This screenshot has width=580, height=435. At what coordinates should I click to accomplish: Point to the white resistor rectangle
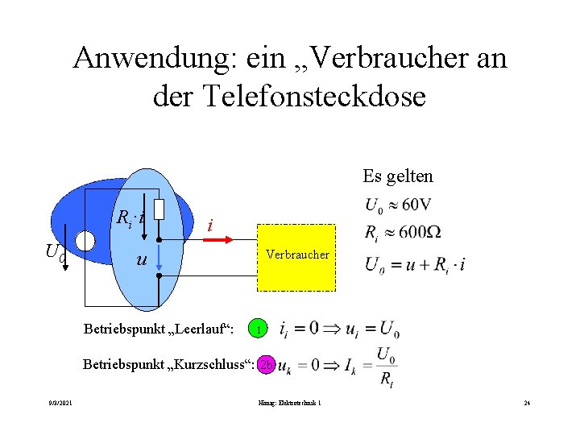(159, 209)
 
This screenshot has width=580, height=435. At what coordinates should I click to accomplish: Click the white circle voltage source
(85, 241)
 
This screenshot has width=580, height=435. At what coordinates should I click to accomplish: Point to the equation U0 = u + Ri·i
(415, 264)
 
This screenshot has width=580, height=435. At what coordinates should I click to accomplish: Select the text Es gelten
(398, 176)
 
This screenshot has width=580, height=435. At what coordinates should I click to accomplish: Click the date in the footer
(59, 403)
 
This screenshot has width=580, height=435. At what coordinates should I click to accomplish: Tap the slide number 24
(526, 403)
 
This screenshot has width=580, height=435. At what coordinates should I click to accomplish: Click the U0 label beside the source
(55, 251)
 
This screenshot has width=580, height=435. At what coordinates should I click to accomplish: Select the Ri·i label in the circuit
(130, 217)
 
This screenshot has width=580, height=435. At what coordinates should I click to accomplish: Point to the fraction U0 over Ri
(387, 367)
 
